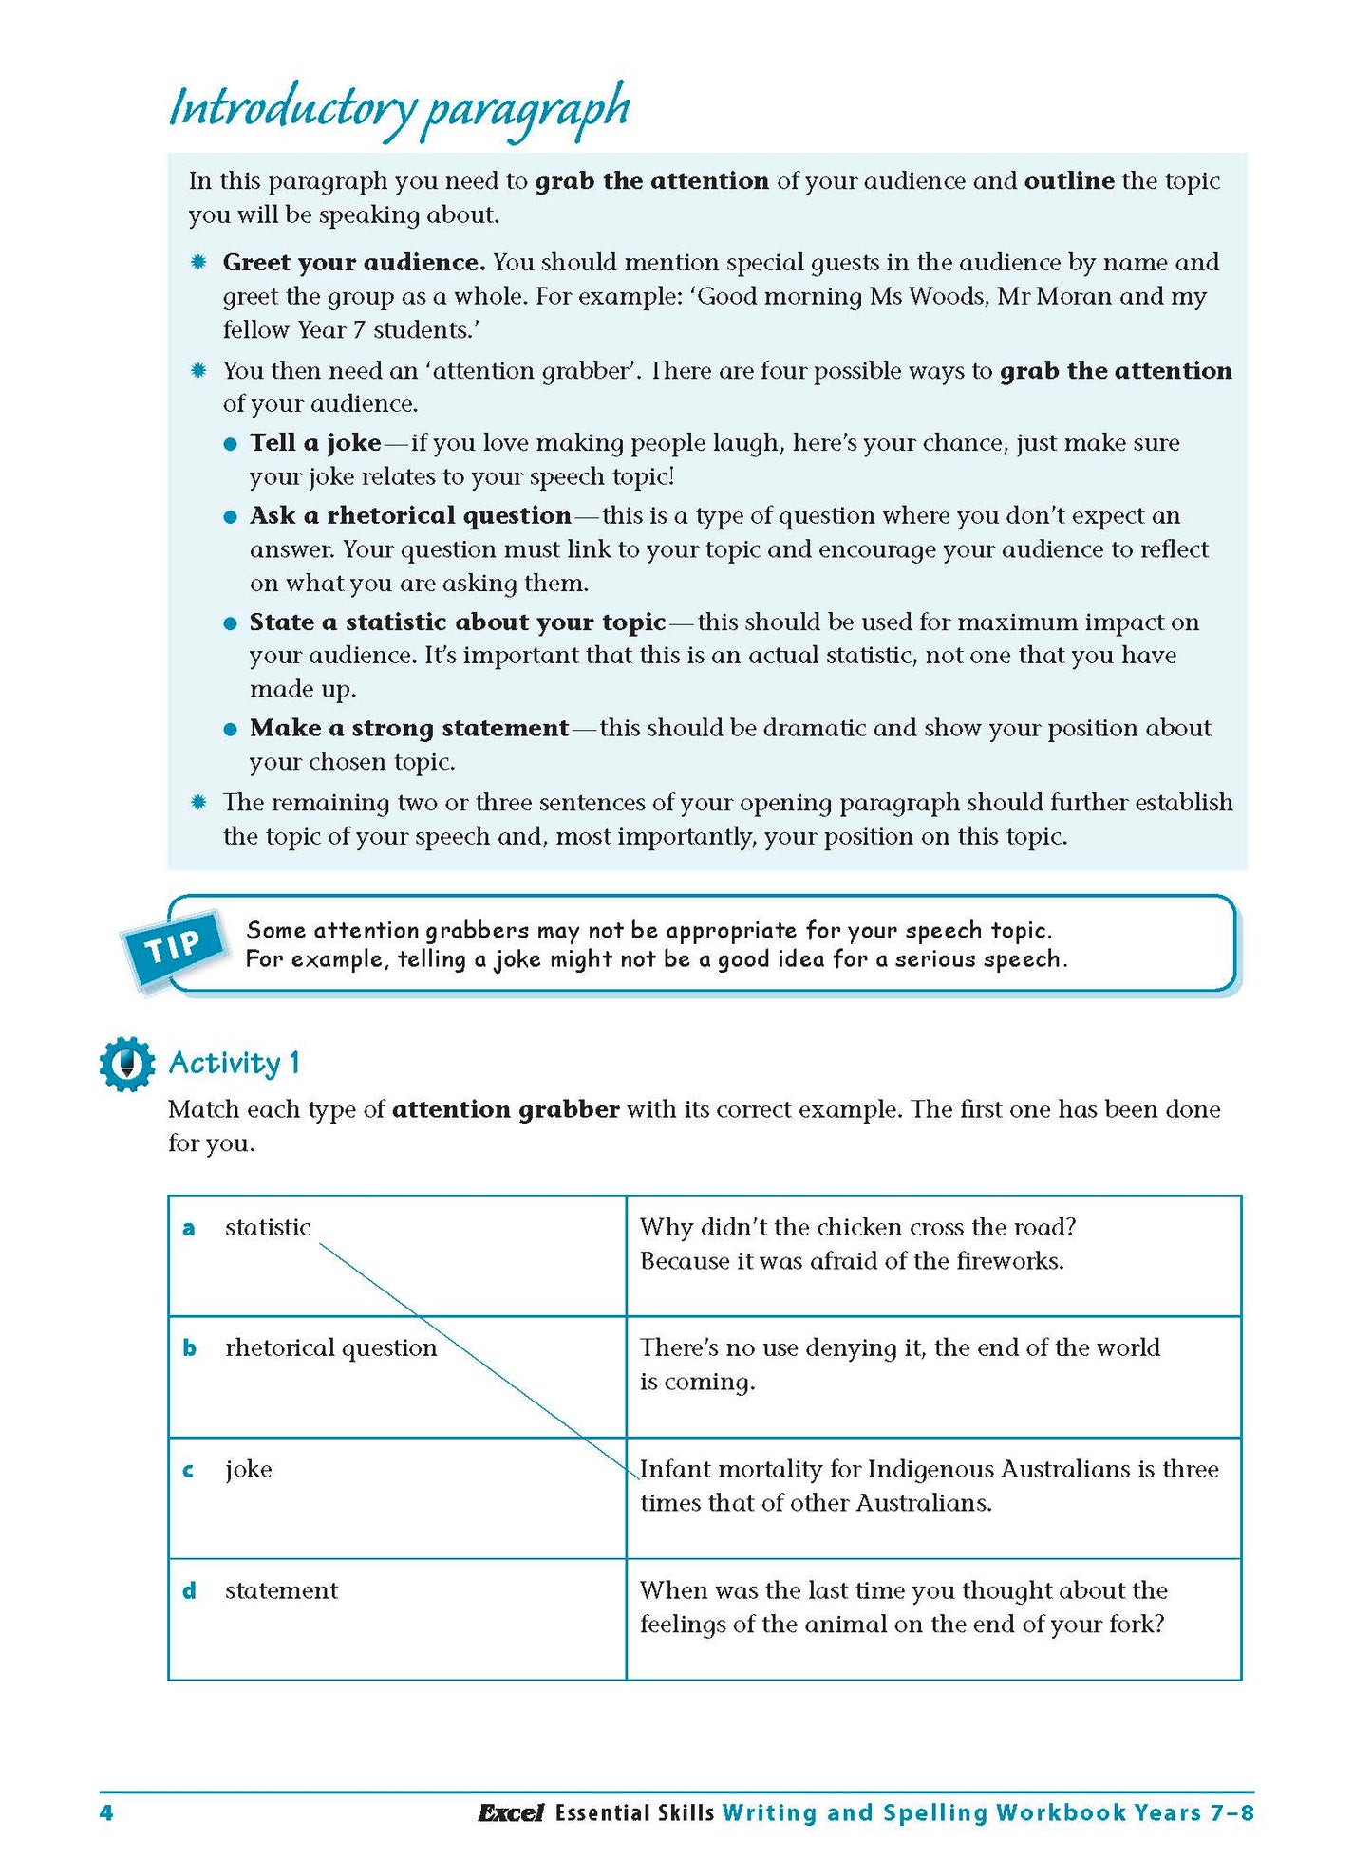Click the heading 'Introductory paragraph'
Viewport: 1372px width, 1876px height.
tap(399, 109)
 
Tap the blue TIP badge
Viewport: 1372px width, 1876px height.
tap(174, 946)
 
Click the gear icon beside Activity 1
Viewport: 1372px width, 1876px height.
tap(126, 1063)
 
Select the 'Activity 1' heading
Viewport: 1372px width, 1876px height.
tap(235, 1063)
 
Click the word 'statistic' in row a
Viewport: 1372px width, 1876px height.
tap(268, 1228)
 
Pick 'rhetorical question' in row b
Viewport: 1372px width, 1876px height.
tap(330, 1348)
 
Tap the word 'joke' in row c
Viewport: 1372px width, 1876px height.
tap(249, 1470)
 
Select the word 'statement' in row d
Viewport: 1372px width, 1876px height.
tap(281, 1591)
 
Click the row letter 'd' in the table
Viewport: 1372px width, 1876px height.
tap(189, 1591)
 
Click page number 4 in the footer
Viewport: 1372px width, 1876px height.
tap(106, 1813)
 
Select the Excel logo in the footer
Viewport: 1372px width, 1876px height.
tap(510, 1813)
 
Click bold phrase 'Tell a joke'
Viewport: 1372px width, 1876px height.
tap(315, 443)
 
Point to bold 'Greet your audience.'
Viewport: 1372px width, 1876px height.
tap(354, 263)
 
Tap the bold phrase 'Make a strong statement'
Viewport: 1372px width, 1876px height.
tap(408, 729)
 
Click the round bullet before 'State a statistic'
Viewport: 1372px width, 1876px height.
tap(230, 624)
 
